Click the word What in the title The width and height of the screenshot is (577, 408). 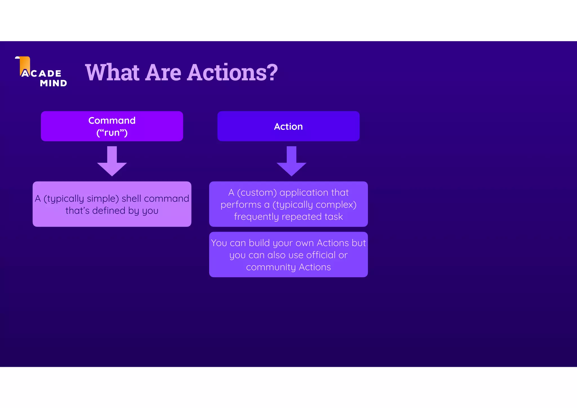coord(112,72)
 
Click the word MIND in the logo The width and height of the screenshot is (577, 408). coord(54,83)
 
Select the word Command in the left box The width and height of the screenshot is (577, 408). coord(112,121)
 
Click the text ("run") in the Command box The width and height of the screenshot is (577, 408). coord(112,133)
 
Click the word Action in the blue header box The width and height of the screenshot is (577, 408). coord(288,127)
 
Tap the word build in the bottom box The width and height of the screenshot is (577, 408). coord(259,243)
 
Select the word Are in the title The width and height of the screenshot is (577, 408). coord(163,72)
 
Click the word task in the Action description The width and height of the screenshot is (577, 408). coord(334,217)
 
